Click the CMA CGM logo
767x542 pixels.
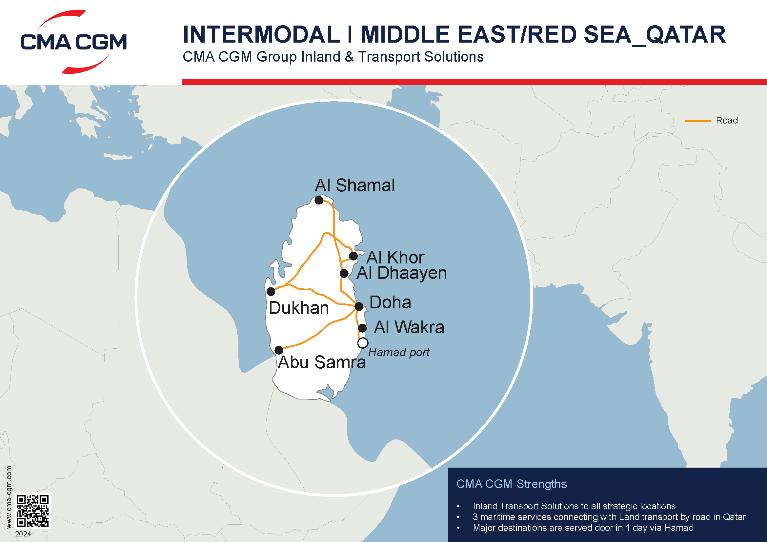[x=73, y=42]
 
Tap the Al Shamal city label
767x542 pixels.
[x=354, y=185]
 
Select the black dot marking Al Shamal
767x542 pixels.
[x=319, y=200]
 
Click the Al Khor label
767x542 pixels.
[x=395, y=257]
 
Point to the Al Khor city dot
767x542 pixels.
[x=353, y=256]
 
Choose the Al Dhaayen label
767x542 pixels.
[x=402, y=273]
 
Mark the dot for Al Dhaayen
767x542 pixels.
[x=344, y=274]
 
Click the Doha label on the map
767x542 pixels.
[x=390, y=302]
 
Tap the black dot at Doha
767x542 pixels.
[x=359, y=306]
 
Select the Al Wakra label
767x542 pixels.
[x=409, y=327]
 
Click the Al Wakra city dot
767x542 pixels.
[x=362, y=328]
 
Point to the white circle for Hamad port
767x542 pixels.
[x=363, y=343]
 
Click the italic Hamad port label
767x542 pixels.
[x=399, y=352]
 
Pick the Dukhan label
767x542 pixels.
[x=299, y=308]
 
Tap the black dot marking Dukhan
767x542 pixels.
[x=271, y=291]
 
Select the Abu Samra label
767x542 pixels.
[x=322, y=362]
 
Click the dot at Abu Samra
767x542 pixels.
[x=279, y=350]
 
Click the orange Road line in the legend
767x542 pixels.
[x=697, y=121]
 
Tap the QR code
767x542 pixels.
[x=33, y=511]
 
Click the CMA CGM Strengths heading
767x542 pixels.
[x=512, y=484]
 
